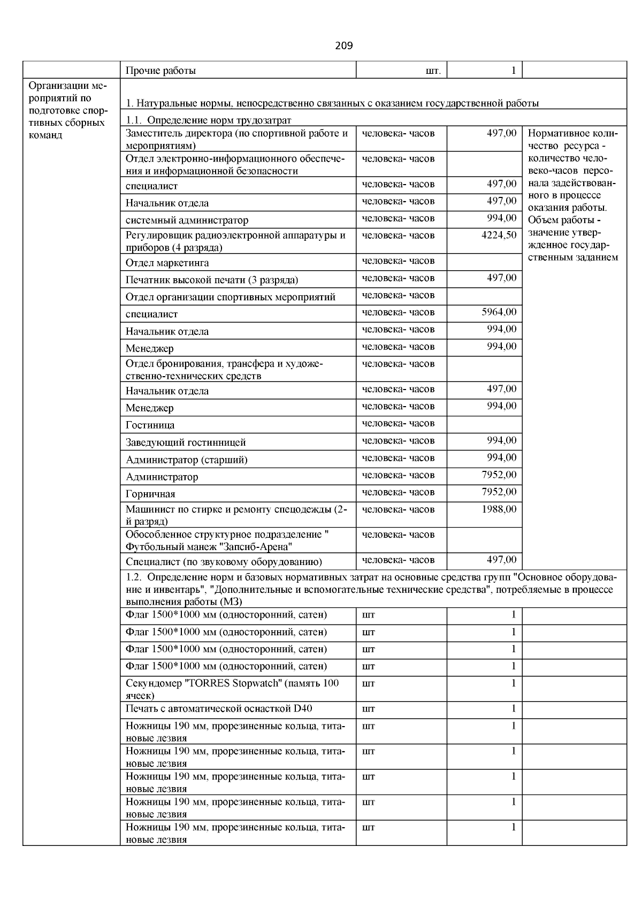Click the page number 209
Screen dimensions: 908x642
[x=343, y=45]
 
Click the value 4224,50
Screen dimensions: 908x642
[x=499, y=235]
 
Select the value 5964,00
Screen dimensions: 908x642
[x=499, y=312]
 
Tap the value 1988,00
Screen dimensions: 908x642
[x=499, y=509]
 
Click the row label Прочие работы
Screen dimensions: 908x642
[x=160, y=71]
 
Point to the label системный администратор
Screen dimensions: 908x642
[x=187, y=220]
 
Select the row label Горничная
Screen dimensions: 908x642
[x=150, y=494]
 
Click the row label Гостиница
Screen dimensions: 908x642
[x=150, y=426]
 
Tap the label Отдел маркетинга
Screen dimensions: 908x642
[x=167, y=263]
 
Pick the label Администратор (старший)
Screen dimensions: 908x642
[x=186, y=460]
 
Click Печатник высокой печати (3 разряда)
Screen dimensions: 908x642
[x=212, y=280]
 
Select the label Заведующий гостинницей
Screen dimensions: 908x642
[x=186, y=443]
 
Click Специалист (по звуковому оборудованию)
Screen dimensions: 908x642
[x=224, y=562]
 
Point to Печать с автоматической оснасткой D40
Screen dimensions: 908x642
[x=219, y=709]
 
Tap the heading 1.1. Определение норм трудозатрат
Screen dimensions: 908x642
[x=209, y=120]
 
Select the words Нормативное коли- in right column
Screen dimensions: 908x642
[x=572, y=134]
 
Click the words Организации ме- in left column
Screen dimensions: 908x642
[x=67, y=86]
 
